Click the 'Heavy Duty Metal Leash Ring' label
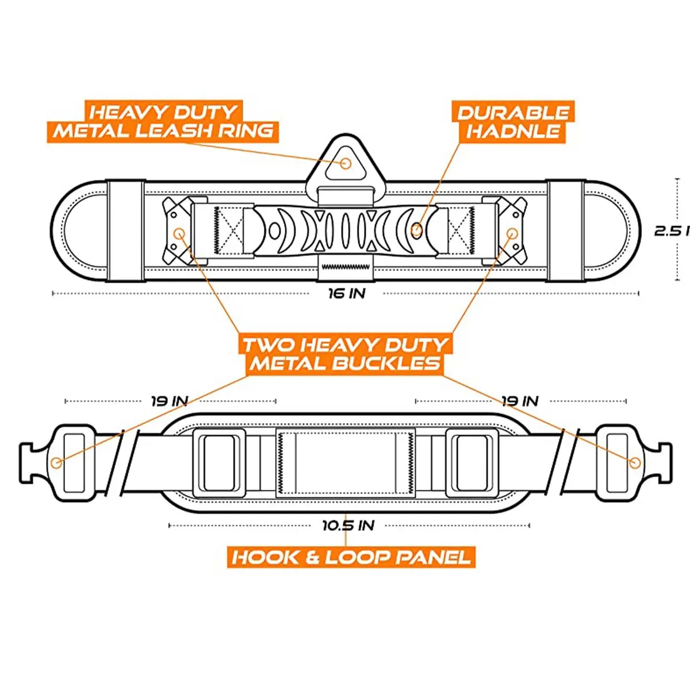pyautogui.click(x=163, y=122)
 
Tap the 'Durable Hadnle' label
pyautogui.click(x=513, y=122)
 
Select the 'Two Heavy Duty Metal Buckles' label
pyautogui.click(x=345, y=355)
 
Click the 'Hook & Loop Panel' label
pyautogui.click(x=351, y=558)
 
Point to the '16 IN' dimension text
pyautogui.click(x=347, y=294)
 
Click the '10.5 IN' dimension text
pyautogui.click(x=348, y=526)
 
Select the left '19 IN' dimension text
pyautogui.click(x=170, y=401)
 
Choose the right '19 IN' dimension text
pyautogui.click(x=520, y=401)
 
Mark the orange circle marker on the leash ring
pyautogui.click(x=345, y=164)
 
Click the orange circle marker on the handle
pyautogui.click(x=416, y=229)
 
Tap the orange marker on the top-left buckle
pyautogui.click(x=179, y=234)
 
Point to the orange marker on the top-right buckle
pyautogui.click(x=512, y=234)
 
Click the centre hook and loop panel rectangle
pyautogui.click(x=346, y=463)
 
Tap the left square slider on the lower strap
pyautogui.click(x=219, y=463)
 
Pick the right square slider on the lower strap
pyautogui.click(x=472, y=463)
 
